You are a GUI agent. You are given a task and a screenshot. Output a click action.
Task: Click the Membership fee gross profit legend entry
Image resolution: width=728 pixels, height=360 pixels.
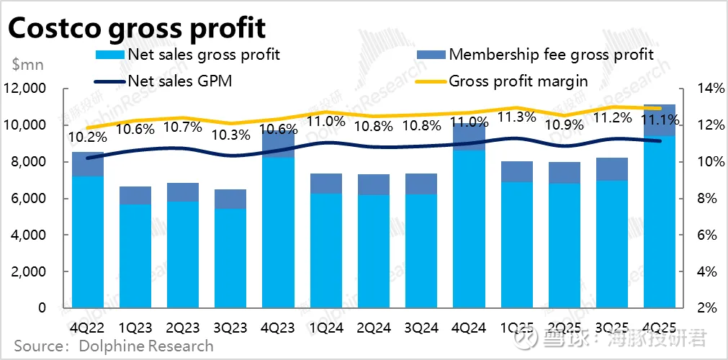[x=551, y=55]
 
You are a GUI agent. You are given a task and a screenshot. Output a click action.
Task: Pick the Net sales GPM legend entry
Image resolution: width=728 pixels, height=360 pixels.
[x=179, y=81]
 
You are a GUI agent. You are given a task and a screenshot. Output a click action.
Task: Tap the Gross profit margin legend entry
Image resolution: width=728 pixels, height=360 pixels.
[x=518, y=81]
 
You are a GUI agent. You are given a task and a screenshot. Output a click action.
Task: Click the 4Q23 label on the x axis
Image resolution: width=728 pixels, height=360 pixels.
[x=278, y=328]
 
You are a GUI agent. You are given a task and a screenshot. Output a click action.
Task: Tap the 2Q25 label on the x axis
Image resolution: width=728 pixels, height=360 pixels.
[x=564, y=328]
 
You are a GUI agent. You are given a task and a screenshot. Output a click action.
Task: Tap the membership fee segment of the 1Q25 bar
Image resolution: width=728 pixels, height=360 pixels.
[x=516, y=171]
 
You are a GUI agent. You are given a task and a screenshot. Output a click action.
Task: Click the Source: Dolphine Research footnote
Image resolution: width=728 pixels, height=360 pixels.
[x=114, y=346]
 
